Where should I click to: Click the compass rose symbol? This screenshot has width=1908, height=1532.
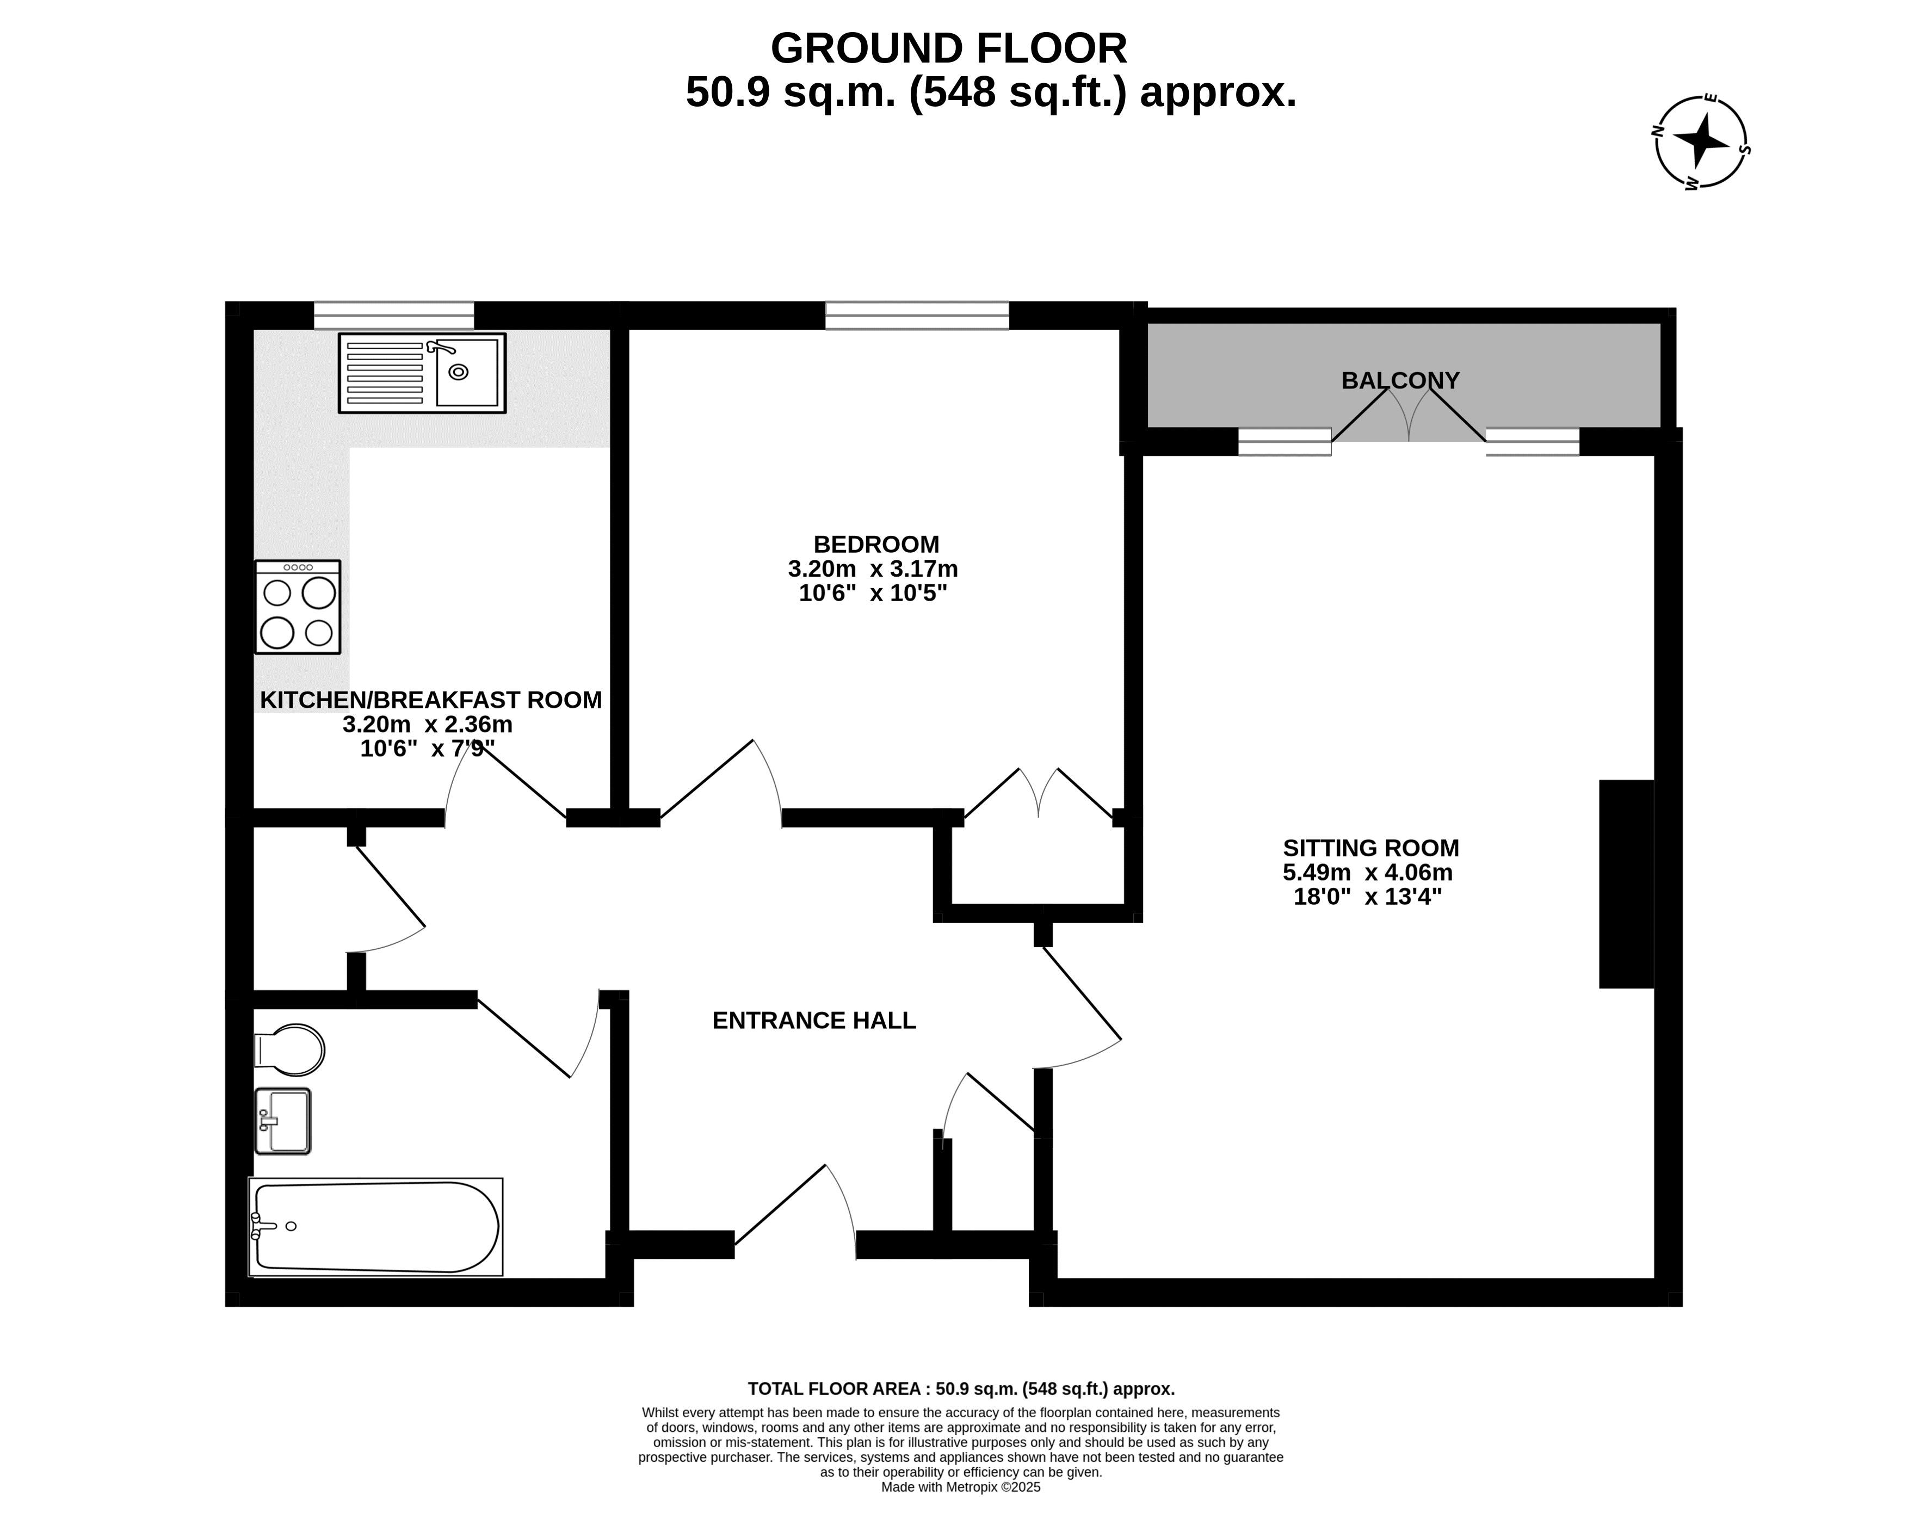(1701, 141)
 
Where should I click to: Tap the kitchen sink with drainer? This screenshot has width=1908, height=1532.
(422, 373)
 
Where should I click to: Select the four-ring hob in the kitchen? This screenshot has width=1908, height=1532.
(298, 607)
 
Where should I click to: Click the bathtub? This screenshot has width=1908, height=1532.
(376, 1227)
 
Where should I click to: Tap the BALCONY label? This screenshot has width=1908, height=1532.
(1400, 381)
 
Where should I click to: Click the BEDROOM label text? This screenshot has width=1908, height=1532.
(876, 544)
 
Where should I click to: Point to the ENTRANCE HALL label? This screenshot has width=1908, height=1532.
(814, 1021)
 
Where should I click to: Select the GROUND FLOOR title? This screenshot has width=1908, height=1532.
(949, 48)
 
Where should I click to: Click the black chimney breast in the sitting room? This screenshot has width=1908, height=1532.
(1627, 884)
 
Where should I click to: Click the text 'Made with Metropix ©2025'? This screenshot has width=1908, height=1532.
(961, 1488)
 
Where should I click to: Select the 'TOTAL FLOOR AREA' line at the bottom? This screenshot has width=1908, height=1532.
(961, 1389)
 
